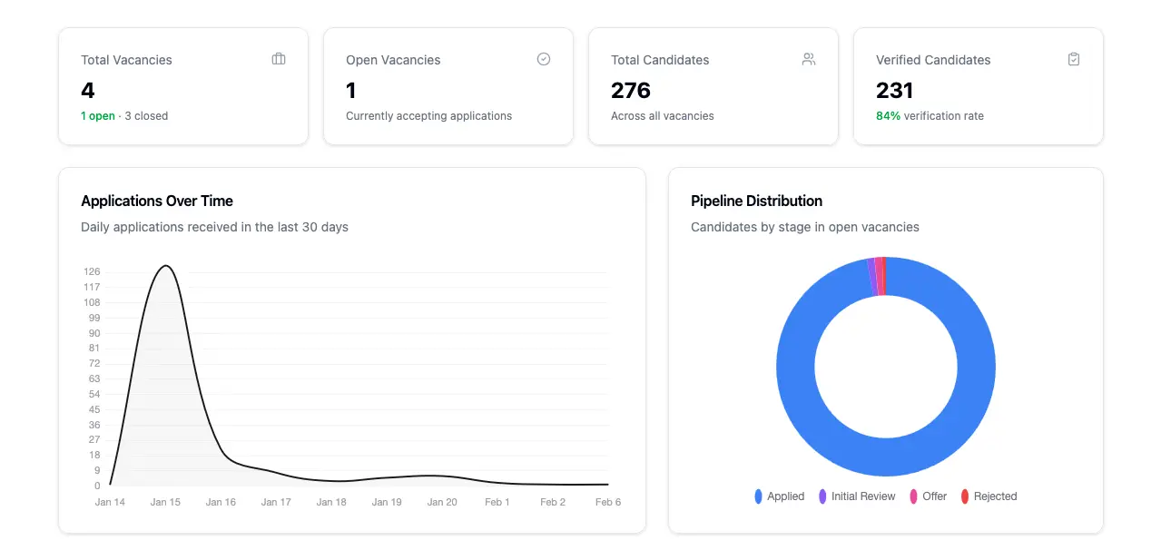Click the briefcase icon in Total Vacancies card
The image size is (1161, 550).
click(279, 59)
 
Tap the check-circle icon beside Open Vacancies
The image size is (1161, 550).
click(544, 59)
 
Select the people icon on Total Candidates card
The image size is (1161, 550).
click(809, 59)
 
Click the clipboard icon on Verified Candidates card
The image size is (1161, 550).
click(1074, 59)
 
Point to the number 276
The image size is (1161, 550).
click(631, 91)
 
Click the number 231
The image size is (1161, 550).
click(894, 91)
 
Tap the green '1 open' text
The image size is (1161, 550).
click(98, 116)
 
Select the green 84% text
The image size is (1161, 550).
click(888, 116)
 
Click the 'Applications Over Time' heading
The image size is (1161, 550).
click(157, 201)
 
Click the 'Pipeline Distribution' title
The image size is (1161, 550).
click(756, 201)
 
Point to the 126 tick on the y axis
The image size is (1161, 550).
click(92, 272)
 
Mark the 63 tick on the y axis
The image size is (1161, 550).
click(94, 379)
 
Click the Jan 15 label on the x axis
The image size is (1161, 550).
click(165, 502)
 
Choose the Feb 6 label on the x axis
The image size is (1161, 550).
click(607, 502)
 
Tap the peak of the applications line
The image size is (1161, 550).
click(165, 266)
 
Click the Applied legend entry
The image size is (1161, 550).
click(780, 496)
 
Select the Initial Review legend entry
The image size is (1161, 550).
click(857, 496)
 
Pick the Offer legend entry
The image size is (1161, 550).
click(929, 496)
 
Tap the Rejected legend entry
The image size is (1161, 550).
click(989, 496)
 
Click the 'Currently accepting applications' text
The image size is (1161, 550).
click(428, 116)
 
